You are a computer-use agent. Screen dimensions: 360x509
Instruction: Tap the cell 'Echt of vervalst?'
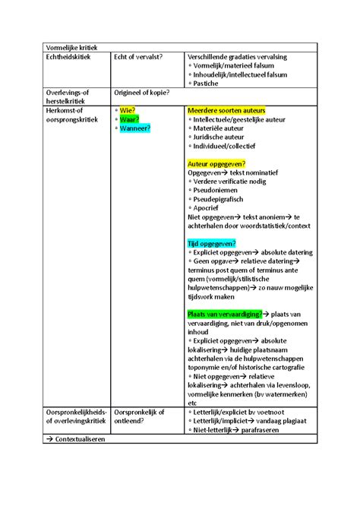(x=138, y=57)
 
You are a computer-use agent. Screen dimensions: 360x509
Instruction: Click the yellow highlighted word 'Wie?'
(x=128, y=111)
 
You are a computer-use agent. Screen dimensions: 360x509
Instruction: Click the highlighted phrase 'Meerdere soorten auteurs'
(x=226, y=111)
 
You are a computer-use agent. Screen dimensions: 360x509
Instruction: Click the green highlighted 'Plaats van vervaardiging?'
(x=224, y=314)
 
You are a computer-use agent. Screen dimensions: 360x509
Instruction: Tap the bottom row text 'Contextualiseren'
(x=78, y=439)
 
